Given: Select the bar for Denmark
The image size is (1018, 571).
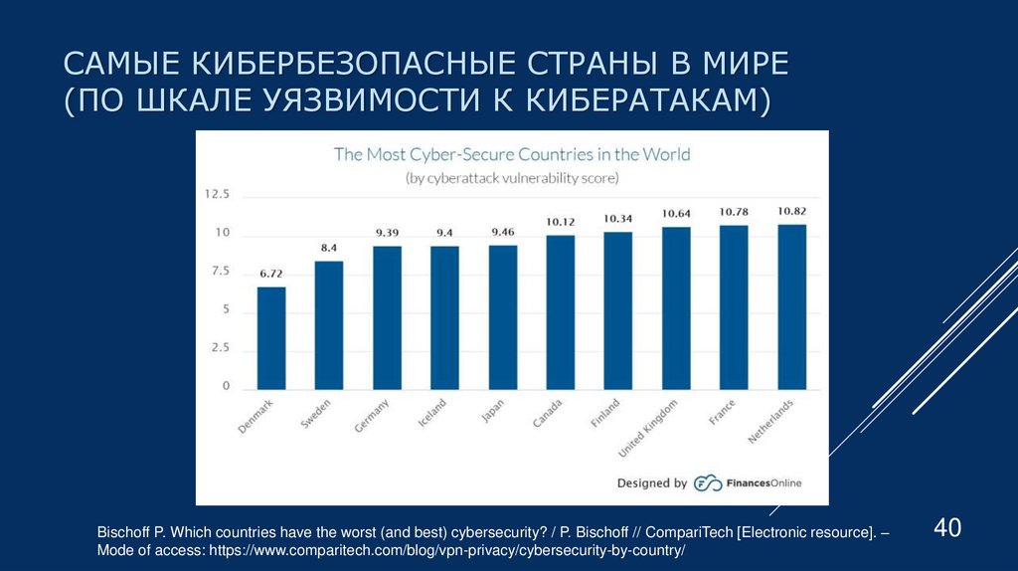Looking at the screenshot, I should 271,338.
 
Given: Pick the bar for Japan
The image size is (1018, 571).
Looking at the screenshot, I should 503,316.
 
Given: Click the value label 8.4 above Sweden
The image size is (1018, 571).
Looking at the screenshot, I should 329,248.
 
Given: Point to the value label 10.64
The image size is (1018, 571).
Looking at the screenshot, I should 676,214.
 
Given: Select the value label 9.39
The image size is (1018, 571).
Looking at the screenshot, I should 387,233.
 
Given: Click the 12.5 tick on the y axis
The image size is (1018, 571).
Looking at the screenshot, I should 217,195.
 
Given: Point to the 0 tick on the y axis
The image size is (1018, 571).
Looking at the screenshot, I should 226,387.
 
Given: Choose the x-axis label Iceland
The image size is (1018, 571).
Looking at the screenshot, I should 432,412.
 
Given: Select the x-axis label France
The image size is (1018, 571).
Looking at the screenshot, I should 722,413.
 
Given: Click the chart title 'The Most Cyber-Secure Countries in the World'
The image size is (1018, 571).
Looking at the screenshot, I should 511,154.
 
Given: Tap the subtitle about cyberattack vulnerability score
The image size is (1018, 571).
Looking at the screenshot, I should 511,178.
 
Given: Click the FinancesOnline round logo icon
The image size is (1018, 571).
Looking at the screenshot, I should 707,482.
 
